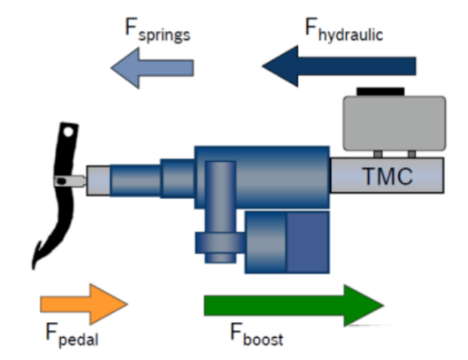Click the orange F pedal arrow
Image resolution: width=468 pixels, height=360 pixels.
84,304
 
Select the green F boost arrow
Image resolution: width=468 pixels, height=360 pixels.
294,305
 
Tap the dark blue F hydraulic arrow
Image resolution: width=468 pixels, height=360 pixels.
339,66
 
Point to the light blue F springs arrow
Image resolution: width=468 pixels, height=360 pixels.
152,68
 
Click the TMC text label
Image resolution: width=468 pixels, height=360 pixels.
387,176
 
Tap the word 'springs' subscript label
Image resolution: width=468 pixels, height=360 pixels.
165,35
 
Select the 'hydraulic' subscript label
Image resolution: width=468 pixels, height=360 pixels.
350,34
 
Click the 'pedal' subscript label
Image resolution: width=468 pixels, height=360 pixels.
79,340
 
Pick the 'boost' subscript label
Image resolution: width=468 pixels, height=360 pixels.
263,338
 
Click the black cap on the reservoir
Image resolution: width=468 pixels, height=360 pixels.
380,92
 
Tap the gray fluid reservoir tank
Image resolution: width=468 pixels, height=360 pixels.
395,123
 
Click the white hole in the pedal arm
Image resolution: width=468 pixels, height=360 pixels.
68,132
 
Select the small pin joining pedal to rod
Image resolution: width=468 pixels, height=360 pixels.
71,181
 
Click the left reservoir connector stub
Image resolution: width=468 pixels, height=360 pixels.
378,154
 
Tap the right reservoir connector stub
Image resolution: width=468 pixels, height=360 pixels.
412,154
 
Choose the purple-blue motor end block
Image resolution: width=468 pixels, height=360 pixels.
308,242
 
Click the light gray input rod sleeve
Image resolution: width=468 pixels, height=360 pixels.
98,181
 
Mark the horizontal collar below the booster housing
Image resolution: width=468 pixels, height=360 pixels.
220,242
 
